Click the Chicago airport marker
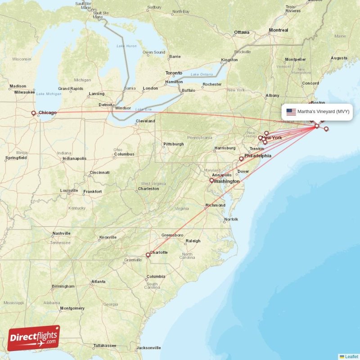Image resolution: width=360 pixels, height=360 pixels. (x=33, y=113)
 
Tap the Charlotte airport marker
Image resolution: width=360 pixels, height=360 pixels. (x=148, y=255)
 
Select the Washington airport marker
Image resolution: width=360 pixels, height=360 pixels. (x=211, y=180)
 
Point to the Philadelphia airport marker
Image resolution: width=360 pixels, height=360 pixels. (x=241, y=158)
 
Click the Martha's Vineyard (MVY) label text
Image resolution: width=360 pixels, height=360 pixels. (x=323, y=112)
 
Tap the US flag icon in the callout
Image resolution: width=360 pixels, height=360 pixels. (x=291, y=112)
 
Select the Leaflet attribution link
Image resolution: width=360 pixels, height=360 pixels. (x=351, y=356)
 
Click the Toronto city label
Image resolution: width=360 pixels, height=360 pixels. (x=174, y=73)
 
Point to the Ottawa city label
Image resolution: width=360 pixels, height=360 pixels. (x=241, y=32)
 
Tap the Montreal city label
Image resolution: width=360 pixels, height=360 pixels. (x=278, y=30)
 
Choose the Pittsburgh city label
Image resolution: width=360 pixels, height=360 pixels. (x=173, y=144)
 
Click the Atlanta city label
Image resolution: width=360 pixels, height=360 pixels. (x=98, y=282)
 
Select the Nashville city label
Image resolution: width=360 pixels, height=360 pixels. (x=61, y=234)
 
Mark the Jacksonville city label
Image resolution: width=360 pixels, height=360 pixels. (x=148, y=347)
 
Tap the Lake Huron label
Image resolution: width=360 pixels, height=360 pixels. (x=126, y=46)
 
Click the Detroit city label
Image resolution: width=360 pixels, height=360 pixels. (x=105, y=105)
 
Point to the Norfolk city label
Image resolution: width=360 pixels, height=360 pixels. (x=231, y=219)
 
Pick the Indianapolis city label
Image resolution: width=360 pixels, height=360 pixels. (x=74, y=158)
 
